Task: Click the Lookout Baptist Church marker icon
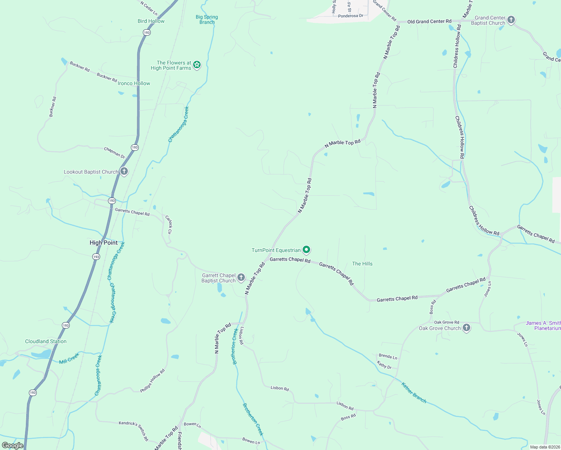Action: [x=124, y=172]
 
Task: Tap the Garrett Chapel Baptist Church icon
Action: [x=241, y=278]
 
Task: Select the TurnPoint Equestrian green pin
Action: [x=306, y=250]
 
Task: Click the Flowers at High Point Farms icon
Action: [x=197, y=65]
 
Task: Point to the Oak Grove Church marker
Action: [x=466, y=328]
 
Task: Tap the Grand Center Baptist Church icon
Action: [x=511, y=20]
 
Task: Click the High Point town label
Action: [x=103, y=243]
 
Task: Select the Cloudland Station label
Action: [x=46, y=341]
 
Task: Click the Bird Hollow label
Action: [x=151, y=21]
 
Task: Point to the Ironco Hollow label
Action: [x=134, y=83]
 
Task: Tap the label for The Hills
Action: [x=362, y=264]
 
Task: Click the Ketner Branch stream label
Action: [x=414, y=393]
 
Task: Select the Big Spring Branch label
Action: [x=207, y=19]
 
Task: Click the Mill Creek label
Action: [x=69, y=358]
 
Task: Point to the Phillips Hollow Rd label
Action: [x=153, y=381]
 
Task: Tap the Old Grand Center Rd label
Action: [x=429, y=21]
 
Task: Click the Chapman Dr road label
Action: [x=114, y=153]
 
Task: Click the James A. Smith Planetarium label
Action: [x=543, y=325]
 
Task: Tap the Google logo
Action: [x=13, y=445]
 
